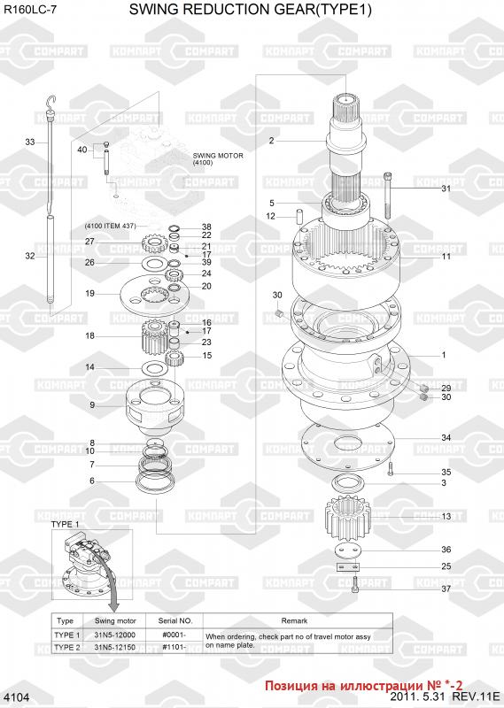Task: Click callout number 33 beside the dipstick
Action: click(x=30, y=142)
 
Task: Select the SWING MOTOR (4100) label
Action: click(x=218, y=158)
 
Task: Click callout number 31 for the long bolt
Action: click(x=446, y=189)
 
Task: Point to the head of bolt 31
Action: click(x=387, y=175)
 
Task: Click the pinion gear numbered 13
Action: click(x=347, y=518)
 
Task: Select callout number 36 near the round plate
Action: click(x=446, y=550)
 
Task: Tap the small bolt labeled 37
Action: click(x=355, y=585)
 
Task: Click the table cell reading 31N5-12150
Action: click(x=115, y=647)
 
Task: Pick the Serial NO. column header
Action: click(x=174, y=621)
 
